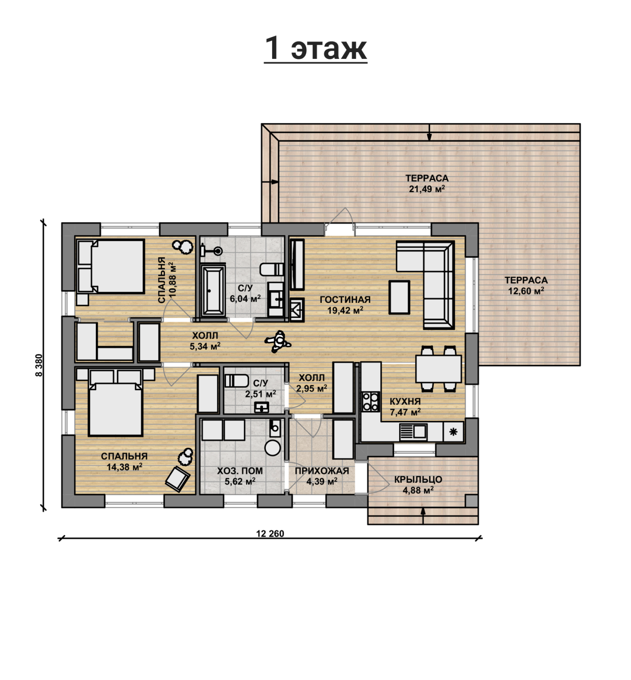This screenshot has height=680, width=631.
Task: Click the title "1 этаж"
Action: (x=316, y=48)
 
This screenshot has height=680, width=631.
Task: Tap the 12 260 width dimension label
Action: (x=270, y=533)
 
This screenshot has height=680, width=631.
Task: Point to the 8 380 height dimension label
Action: (x=39, y=365)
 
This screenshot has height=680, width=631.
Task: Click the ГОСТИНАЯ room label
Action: (x=345, y=299)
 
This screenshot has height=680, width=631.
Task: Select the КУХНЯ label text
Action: (x=405, y=401)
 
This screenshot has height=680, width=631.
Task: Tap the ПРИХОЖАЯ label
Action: (x=322, y=471)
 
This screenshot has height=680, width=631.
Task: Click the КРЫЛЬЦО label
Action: (x=418, y=480)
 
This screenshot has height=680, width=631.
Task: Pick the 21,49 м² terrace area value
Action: (x=427, y=189)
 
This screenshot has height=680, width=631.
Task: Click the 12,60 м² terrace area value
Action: (x=526, y=291)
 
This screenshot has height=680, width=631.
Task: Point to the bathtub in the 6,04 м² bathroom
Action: (x=213, y=291)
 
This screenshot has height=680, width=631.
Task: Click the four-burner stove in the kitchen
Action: (x=370, y=402)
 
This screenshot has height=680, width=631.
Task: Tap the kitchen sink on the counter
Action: (x=413, y=432)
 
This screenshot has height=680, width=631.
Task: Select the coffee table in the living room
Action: (x=399, y=297)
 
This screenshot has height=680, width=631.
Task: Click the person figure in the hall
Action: (x=278, y=341)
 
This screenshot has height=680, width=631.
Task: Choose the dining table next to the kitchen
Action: (x=438, y=369)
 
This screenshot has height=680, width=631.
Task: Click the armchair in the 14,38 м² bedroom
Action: (x=177, y=479)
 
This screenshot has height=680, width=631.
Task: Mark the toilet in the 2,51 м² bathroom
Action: (x=237, y=381)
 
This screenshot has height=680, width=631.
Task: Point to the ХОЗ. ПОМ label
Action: (x=240, y=471)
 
